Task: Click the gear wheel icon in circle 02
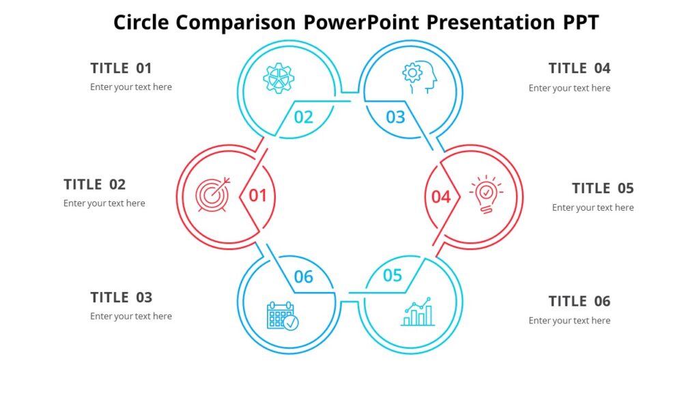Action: pyautogui.click(x=279, y=78)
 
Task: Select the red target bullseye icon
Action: pyautogui.click(x=213, y=194)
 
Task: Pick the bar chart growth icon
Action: pyautogui.click(x=418, y=312)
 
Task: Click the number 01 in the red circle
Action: pyautogui.click(x=257, y=196)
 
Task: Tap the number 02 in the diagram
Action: pyautogui.click(x=304, y=117)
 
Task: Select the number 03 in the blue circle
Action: pyautogui.click(x=396, y=117)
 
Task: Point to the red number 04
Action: pyautogui.click(x=441, y=197)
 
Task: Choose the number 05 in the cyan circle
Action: pyautogui.click(x=393, y=276)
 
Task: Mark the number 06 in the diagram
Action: pyautogui.click(x=304, y=277)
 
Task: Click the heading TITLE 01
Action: pyautogui.click(x=121, y=68)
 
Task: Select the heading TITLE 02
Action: pyautogui.click(x=95, y=184)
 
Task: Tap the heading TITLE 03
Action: pyautogui.click(x=122, y=297)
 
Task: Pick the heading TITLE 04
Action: pyautogui.click(x=580, y=68)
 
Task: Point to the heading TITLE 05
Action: pyautogui.click(x=603, y=188)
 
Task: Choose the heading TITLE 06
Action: pyautogui.click(x=580, y=302)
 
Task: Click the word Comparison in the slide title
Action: pyautogui.click(x=237, y=23)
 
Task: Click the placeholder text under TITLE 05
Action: pyautogui.click(x=593, y=207)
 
